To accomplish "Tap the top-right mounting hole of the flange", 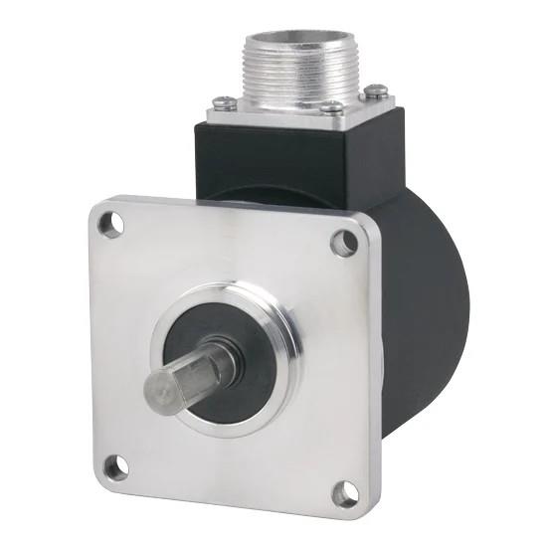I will click(343, 240).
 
